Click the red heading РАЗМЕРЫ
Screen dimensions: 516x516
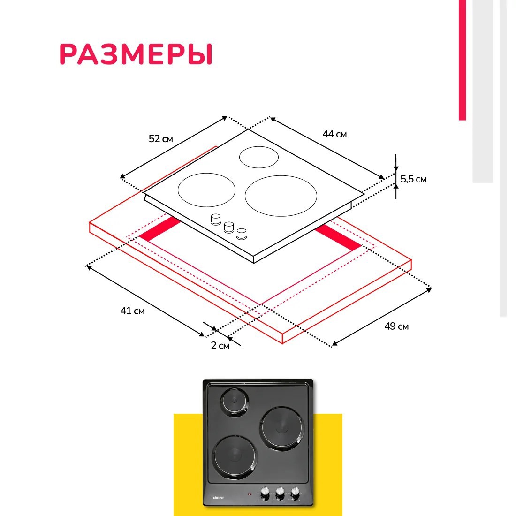click(136, 54)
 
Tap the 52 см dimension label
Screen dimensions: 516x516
click(160, 139)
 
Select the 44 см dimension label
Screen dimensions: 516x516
click(334, 134)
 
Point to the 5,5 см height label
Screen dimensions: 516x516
click(413, 179)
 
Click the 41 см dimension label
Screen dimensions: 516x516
click(132, 311)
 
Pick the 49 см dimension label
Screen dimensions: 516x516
click(396, 326)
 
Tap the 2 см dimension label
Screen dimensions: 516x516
click(220, 346)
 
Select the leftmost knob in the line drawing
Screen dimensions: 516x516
click(216, 219)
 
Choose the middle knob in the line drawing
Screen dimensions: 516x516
click(229, 227)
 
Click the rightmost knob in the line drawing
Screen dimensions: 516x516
click(242, 234)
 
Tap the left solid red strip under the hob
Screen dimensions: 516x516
click(160, 229)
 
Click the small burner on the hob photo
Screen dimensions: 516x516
click(234, 402)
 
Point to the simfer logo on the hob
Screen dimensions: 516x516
click(219, 497)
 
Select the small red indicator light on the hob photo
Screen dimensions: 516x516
click(249, 494)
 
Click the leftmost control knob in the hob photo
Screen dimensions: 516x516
click(265, 493)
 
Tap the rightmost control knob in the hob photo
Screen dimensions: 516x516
click(295, 493)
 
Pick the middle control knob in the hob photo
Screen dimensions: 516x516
click(280, 493)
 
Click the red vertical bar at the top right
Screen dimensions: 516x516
click(463, 60)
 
